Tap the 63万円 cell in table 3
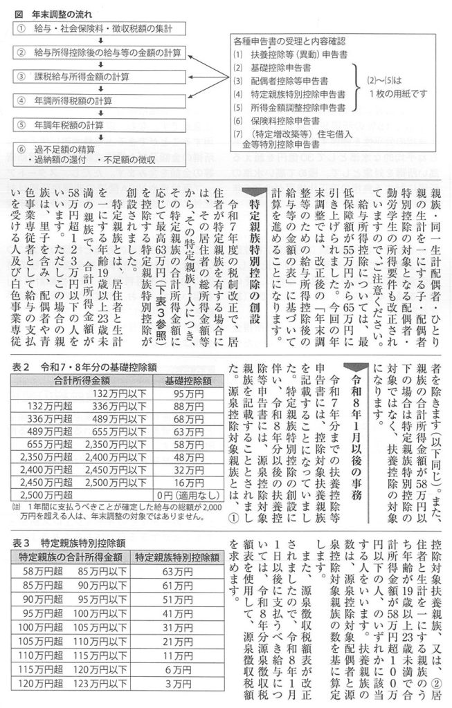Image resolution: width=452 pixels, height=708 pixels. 177,572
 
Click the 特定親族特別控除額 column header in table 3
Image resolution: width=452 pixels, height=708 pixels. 177,557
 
